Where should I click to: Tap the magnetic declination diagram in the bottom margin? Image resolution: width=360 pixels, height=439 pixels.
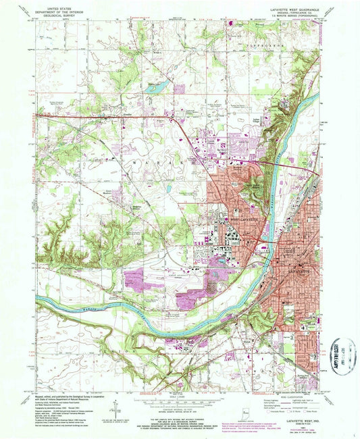[x=116, y=409]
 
